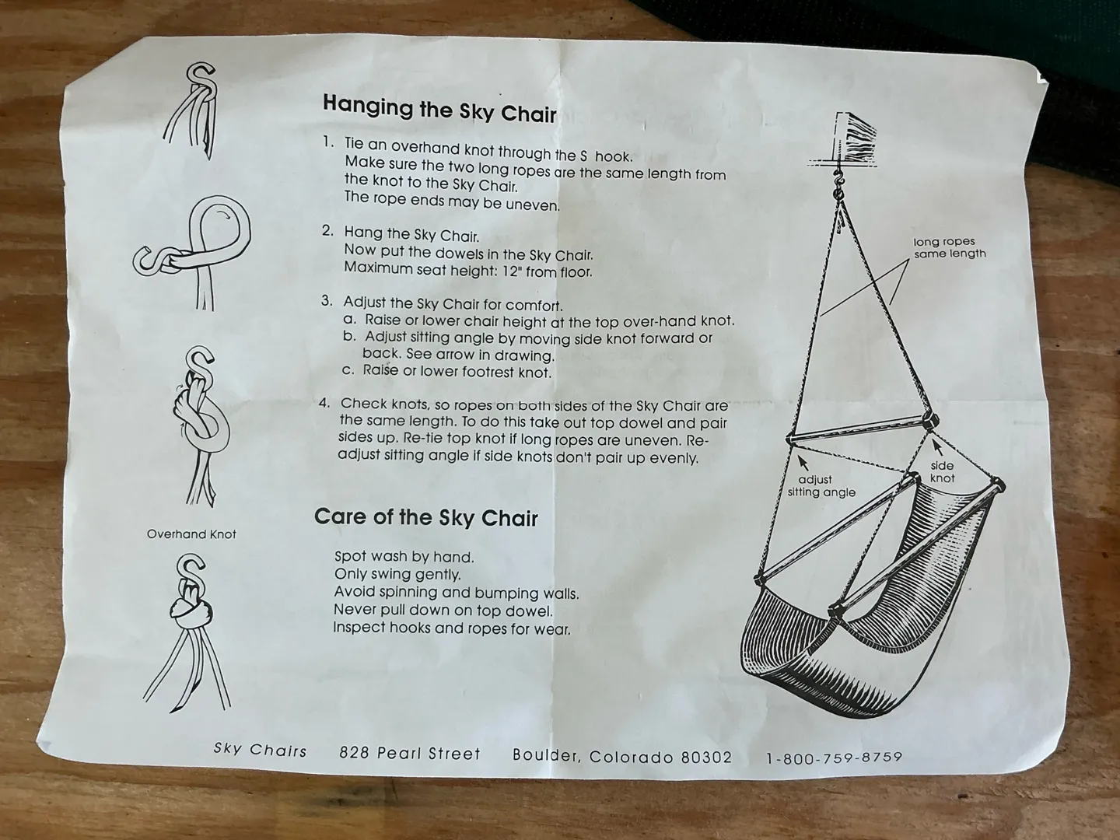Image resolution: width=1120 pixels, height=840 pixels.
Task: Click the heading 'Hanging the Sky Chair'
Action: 439,109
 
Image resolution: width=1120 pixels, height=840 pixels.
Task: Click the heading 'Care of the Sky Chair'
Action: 426,517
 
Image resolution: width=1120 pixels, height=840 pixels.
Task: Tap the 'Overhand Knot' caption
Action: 191,534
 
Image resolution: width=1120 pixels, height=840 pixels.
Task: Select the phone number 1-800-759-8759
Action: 835,758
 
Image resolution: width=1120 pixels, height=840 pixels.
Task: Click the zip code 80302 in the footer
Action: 707,758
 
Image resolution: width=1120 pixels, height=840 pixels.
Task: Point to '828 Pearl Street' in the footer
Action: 410,754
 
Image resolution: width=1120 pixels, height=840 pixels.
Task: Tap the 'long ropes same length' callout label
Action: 950,247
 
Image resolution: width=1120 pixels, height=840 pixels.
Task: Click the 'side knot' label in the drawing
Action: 942,472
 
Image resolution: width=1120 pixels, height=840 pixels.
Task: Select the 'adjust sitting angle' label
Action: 821,485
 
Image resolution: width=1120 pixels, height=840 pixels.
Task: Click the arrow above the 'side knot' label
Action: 938,447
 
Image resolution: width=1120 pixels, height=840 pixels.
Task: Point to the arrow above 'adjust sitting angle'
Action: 803,463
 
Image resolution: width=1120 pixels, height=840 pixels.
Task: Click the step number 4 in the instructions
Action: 324,403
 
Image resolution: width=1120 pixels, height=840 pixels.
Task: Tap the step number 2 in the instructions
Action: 327,231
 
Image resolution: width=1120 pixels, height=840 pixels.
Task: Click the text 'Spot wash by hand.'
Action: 404,556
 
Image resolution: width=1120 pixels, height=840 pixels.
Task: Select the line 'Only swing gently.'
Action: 397,574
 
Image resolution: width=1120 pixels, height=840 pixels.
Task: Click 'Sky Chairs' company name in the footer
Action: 260,750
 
